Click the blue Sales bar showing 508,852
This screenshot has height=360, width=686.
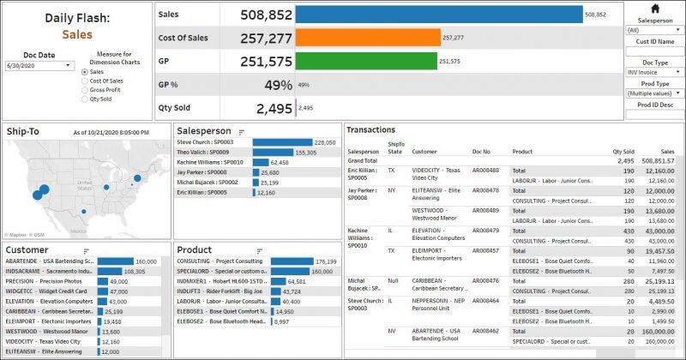(438, 15)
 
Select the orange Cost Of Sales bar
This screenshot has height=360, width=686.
(367, 38)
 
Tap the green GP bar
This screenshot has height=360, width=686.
(365, 61)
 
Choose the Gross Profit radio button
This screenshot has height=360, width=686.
(84, 90)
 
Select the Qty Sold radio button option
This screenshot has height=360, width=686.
(84, 99)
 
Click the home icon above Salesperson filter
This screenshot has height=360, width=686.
(655, 8)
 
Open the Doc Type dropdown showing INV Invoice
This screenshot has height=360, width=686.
(653, 73)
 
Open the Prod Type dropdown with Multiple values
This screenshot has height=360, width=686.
(653, 93)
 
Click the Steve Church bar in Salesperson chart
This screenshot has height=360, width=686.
(282, 142)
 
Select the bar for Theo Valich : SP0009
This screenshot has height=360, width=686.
(273, 152)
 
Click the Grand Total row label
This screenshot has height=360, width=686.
(362, 160)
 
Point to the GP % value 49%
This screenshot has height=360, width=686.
(278, 85)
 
